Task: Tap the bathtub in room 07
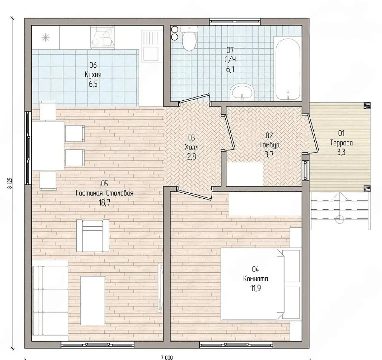[x=288, y=69]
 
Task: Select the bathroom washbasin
[x=242, y=92]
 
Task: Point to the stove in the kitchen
[x=102, y=38]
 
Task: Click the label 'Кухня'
[x=93, y=75]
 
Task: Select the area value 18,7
[x=104, y=203]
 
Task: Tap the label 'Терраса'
[x=342, y=143]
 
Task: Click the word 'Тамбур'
[x=269, y=145]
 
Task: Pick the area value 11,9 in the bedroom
[x=255, y=288]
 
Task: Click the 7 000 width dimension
[x=167, y=358]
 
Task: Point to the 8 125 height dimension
[x=10, y=183]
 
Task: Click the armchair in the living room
[x=93, y=235]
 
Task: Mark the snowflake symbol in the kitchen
[x=46, y=37]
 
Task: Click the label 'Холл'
[x=192, y=148]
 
